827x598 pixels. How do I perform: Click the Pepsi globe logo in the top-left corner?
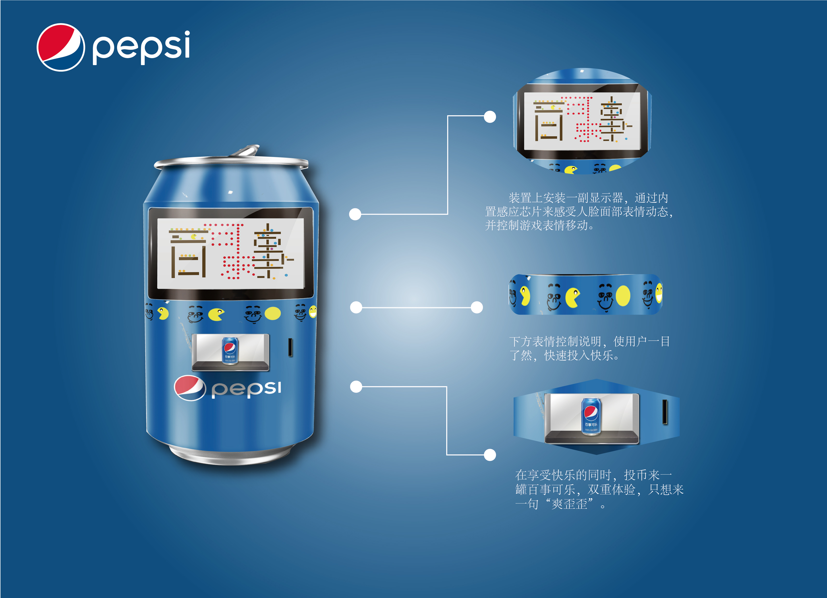[61, 47]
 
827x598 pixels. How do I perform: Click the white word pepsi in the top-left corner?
[141, 47]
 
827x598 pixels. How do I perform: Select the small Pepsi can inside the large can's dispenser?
[230, 350]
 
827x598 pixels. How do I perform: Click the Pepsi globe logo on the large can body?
[190, 388]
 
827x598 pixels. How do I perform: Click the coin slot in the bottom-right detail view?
[665, 412]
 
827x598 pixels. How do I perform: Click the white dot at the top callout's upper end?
[490, 117]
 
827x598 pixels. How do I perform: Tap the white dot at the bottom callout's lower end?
[490, 455]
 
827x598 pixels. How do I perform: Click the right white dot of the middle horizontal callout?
[477, 307]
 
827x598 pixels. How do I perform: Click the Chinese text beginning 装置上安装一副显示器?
[579, 212]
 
